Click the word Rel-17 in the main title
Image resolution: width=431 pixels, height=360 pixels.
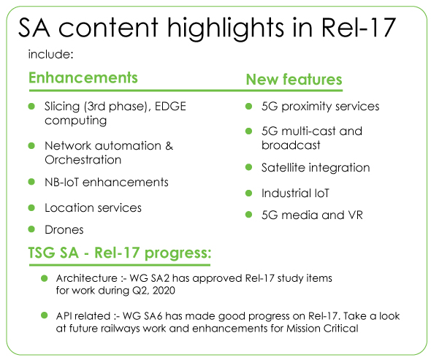(x=359, y=27)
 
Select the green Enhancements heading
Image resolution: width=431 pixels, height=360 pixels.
(x=83, y=78)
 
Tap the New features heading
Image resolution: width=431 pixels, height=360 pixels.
(x=294, y=80)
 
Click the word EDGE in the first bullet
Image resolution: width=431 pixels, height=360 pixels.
(x=170, y=107)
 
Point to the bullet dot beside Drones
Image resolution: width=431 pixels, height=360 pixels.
(x=31, y=229)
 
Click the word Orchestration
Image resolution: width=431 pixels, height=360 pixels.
(x=83, y=160)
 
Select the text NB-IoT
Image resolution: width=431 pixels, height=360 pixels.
(x=62, y=183)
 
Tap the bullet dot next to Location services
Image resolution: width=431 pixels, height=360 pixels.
(x=31, y=207)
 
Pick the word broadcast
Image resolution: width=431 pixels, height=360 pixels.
(x=291, y=145)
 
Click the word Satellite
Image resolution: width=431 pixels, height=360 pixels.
(x=280, y=168)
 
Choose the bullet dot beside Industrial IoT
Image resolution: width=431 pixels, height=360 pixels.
(x=249, y=194)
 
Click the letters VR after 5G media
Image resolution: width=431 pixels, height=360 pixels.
(x=356, y=215)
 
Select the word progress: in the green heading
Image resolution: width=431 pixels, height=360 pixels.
(x=178, y=253)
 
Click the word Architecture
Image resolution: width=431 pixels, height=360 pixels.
(x=87, y=278)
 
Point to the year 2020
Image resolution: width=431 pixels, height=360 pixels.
(x=164, y=291)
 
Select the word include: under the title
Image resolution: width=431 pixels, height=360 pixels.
(x=50, y=54)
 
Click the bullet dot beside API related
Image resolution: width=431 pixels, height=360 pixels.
(x=45, y=315)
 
